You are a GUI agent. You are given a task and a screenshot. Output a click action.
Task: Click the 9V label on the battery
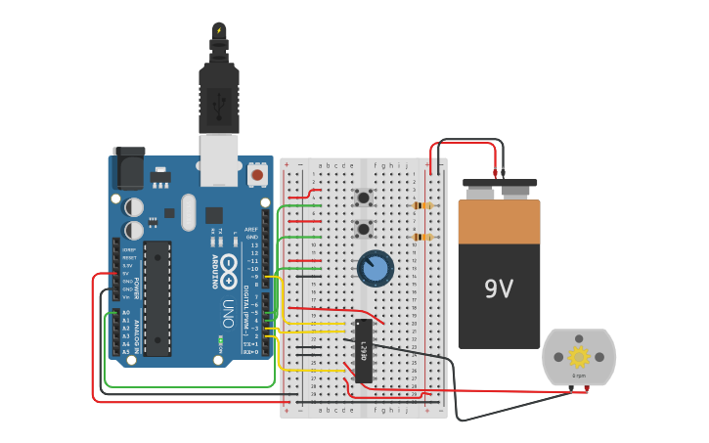[x=499, y=288]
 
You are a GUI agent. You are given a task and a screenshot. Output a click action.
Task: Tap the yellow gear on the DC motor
[x=578, y=357]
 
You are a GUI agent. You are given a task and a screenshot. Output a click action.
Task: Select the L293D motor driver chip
[x=363, y=350]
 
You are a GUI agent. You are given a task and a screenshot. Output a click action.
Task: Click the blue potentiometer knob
[x=376, y=268]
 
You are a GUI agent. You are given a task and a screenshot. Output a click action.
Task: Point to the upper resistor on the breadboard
[x=422, y=205]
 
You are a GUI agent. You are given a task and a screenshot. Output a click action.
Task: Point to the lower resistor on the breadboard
[x=422, y=237]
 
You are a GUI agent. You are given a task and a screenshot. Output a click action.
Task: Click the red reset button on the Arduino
[x=257, y=175]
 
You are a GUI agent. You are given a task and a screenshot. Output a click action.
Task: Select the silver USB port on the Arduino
[x=219, y=158]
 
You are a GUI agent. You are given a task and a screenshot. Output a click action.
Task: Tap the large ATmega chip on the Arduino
[x=157, y=297]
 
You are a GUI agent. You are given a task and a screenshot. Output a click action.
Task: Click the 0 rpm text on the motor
[x=579, y=377]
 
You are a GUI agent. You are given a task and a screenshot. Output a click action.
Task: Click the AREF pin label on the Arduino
[x=251, y=229]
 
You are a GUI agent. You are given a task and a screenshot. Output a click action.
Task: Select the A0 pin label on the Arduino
[x=125, y=312]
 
